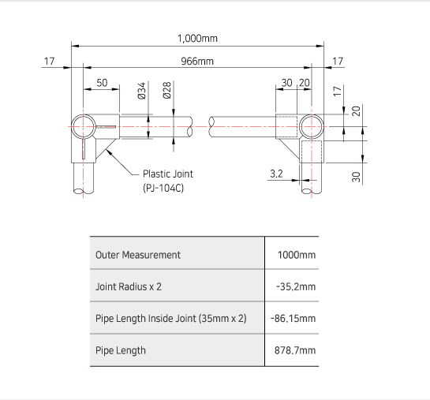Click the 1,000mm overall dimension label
click(197, 38)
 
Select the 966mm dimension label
click(197, 61)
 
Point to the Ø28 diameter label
click(167, 92)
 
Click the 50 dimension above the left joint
click(102, 83)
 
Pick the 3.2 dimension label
click(275, 174)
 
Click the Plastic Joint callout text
click(167, 174)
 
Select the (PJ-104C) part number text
click(163, 189)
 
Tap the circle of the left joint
click(83, 125)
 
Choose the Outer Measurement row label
click(137, 255)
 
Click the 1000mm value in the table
click(296, 255)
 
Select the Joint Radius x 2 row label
click(128, 286)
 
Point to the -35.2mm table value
click(296, 286)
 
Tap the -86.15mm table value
click(294, 319)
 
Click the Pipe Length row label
click(120, 350)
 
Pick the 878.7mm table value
click(294, 350)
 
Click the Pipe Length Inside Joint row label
click(170, 319)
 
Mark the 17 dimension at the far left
click(50, 61)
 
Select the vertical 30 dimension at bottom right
click(356, 177)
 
